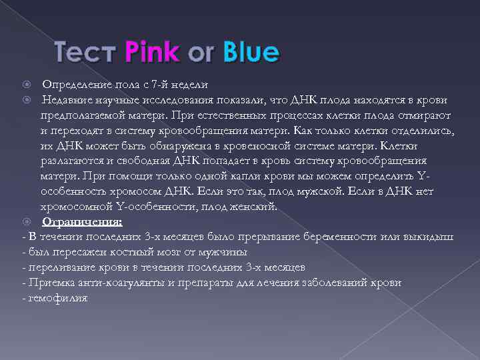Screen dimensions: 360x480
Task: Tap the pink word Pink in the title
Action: (x=152, y=52)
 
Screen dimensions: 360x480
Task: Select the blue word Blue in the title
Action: (x=252, y=52)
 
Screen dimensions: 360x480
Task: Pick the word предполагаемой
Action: (x=81, y=115)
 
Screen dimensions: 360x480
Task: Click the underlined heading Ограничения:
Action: (x=81, y=221)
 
